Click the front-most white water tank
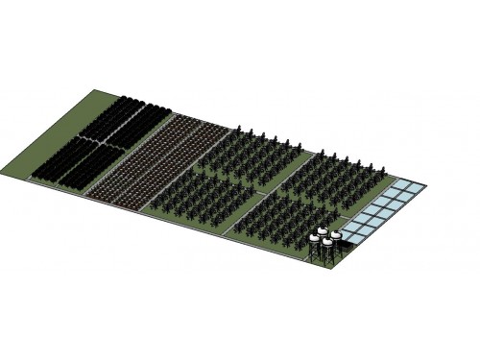click(327, 244)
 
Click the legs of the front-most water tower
click(327, 257)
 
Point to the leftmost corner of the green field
click(6, 170)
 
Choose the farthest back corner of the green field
click(96, 91)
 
